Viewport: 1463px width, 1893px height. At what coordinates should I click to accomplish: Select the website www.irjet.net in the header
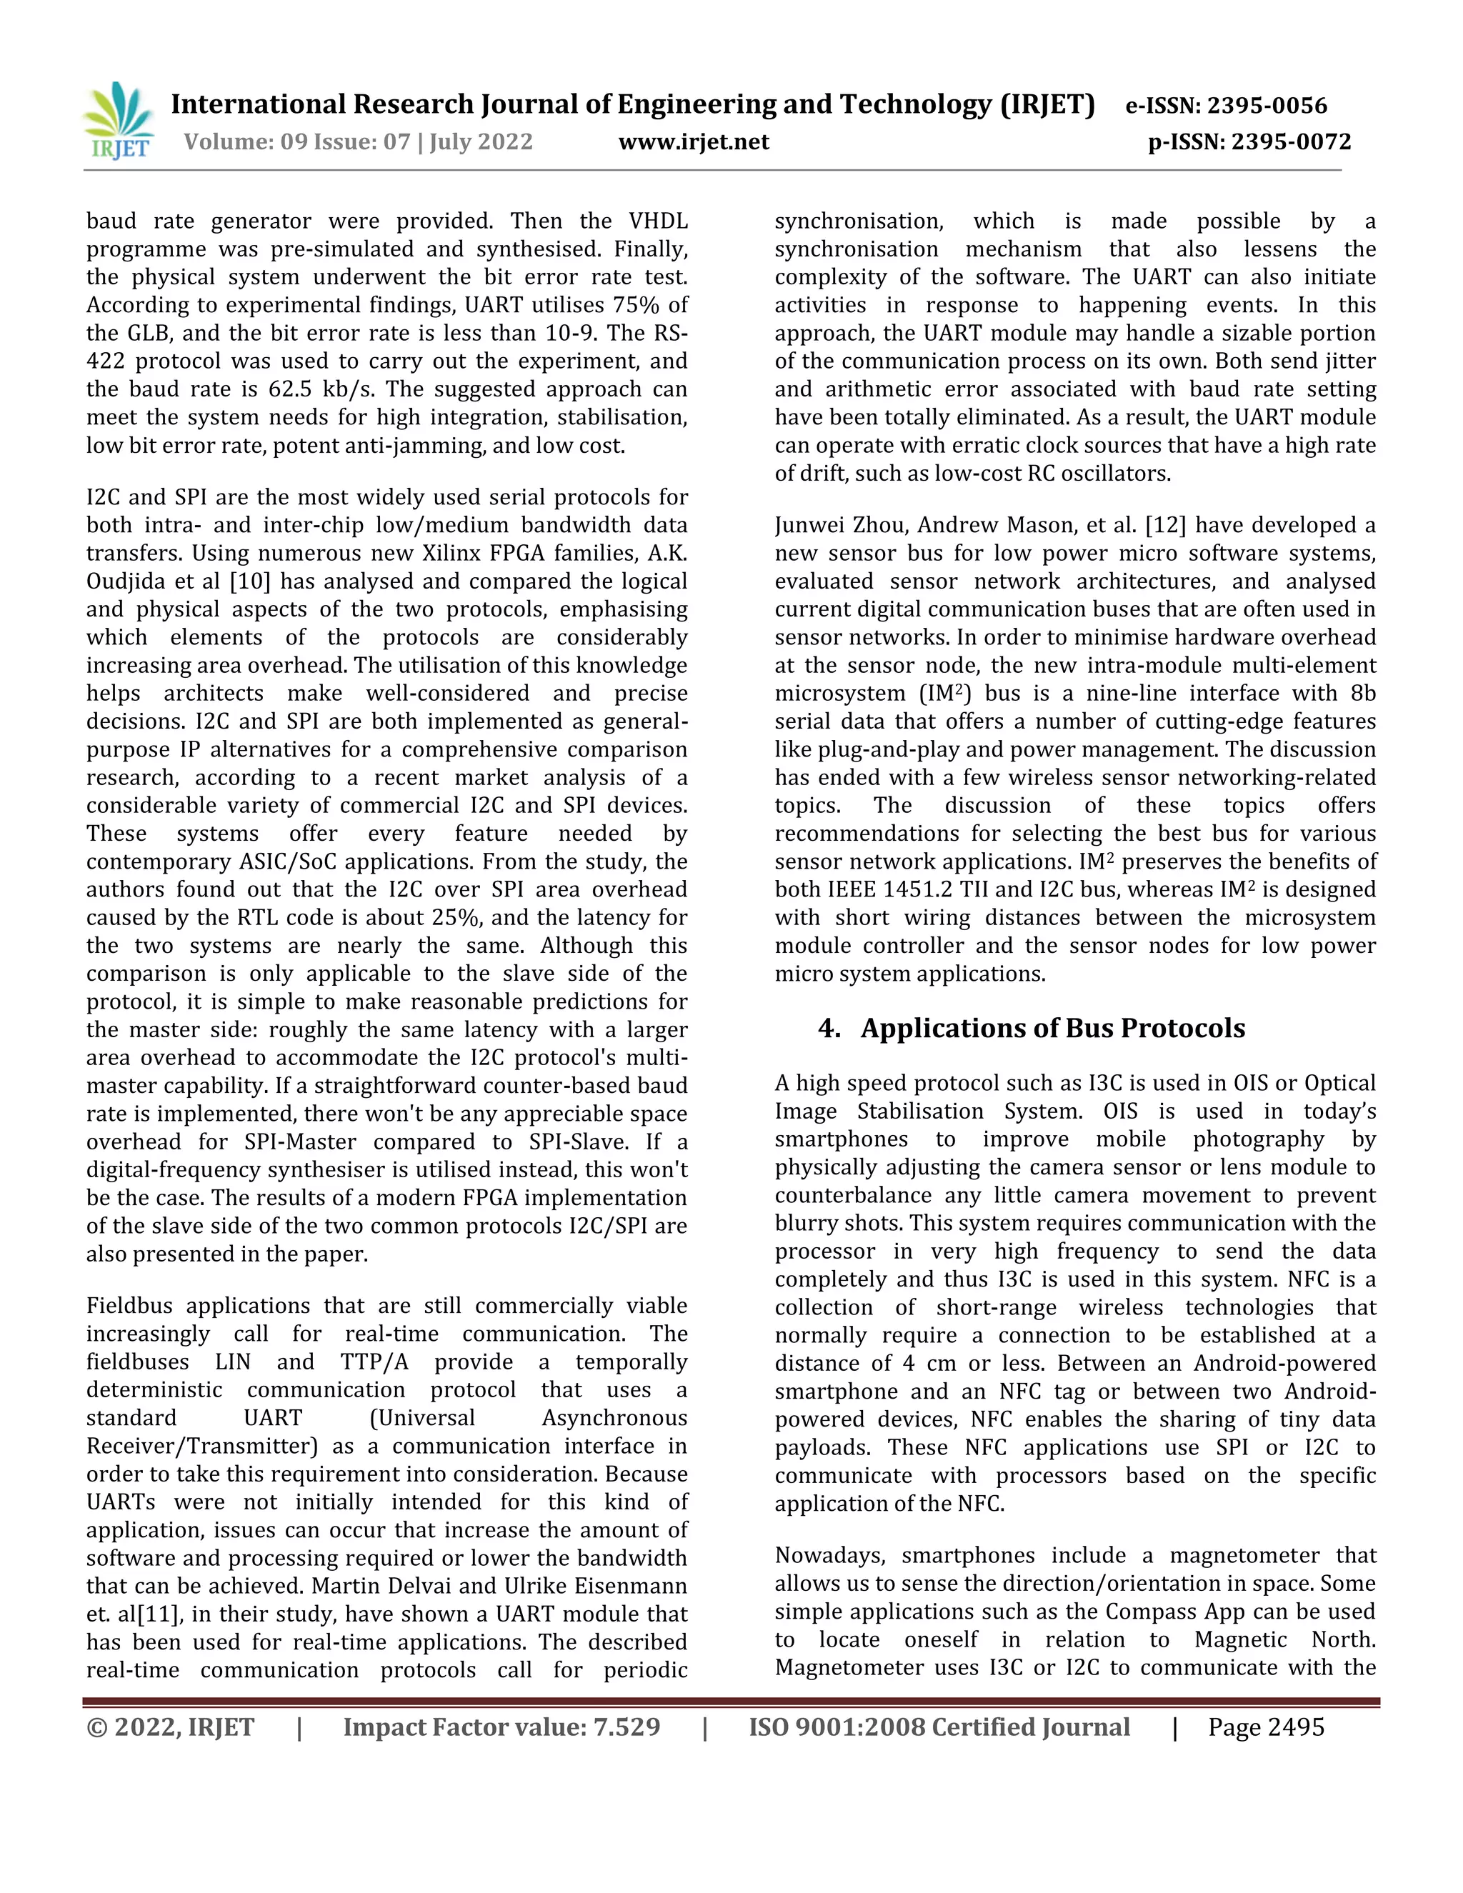tap(694, 141)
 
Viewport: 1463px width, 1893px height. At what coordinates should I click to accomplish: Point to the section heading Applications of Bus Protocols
tap(1052, 1028)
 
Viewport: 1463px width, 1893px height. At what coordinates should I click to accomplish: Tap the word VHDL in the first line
tap(658, 221)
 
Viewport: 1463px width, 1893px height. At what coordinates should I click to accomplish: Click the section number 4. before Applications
tap(829, 1028)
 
